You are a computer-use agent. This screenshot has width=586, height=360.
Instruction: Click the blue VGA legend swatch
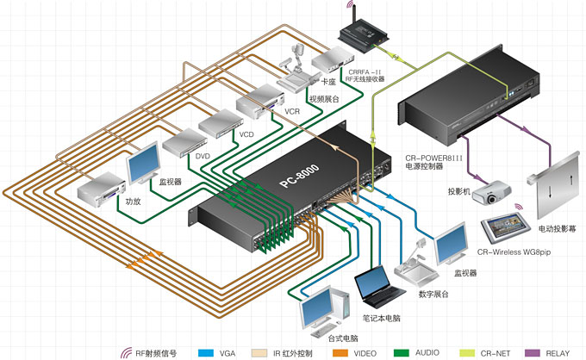click(205, 351)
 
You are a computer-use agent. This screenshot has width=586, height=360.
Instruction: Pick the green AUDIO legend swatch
click(400, 351)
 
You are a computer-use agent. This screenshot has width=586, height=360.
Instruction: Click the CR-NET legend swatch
click(462, 351)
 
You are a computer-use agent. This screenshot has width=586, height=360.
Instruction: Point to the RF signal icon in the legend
click(126, 351)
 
